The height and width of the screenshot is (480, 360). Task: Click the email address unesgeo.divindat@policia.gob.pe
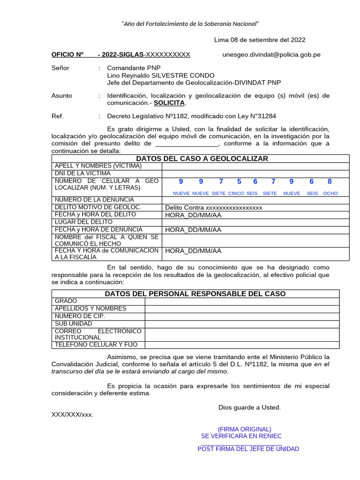coord(271,54)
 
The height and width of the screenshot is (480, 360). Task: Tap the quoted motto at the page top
coord(190,24)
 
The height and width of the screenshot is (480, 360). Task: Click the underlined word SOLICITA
coord(169,103)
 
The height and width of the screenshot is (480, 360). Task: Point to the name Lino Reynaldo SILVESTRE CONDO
coord(161,75)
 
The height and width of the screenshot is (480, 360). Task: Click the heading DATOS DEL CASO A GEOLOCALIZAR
coord(202,158)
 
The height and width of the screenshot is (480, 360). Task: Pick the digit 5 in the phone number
coord(239,181)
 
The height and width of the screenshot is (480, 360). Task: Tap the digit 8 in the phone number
coord(330,181)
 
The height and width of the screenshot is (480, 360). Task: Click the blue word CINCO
coord(236,193)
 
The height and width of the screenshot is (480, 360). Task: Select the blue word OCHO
coord(330,193)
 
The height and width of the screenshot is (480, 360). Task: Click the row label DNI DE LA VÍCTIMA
coord(82,173)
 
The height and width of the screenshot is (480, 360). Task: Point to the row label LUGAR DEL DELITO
coord(83,222)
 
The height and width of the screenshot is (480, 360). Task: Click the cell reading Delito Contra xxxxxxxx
coord(214,207)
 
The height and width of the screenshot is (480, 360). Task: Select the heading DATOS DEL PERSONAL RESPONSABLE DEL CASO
coord(195,293)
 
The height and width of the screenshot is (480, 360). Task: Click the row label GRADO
coord(66,301)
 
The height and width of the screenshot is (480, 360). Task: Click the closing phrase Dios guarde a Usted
coord(249,407)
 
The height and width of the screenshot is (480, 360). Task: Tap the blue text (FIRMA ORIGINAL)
coord(244,429)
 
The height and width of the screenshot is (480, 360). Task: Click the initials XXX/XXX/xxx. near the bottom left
coord(72,414)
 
